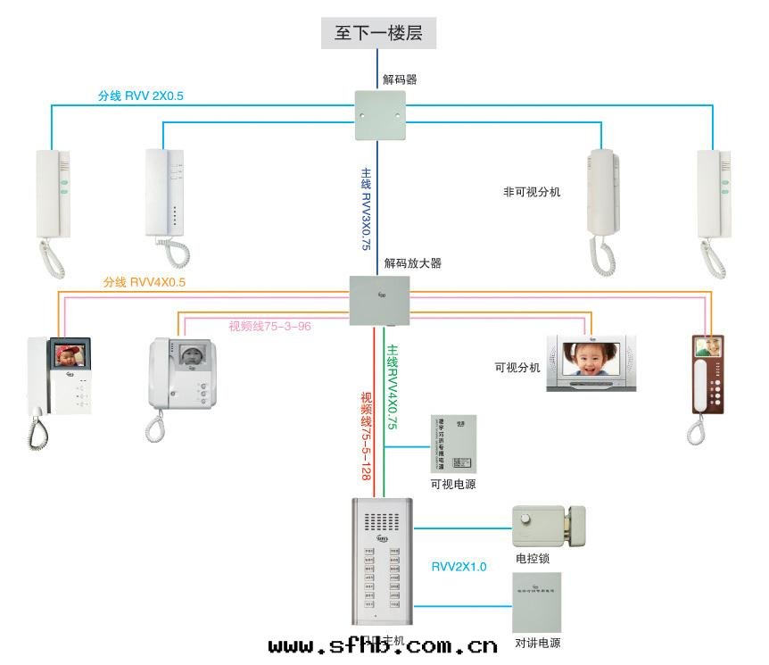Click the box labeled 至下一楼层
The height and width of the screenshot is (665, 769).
click(x=378, y=34)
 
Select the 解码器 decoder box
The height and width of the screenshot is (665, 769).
click(x=379, y=116)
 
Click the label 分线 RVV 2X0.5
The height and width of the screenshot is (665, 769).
click(x=140, y=96)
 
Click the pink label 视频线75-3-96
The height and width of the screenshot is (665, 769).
click(x=269, y=326)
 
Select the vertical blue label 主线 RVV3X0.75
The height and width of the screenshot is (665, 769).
click(x=365, y=208)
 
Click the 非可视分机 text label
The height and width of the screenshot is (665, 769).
click(x=533, y=191)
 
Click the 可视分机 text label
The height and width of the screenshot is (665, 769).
click(x=517, y=367)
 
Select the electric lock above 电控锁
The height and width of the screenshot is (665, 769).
click(x=548, y=526)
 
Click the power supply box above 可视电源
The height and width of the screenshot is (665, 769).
click(x=452, y=445)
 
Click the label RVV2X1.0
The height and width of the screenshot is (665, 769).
click(x=459, y=567)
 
